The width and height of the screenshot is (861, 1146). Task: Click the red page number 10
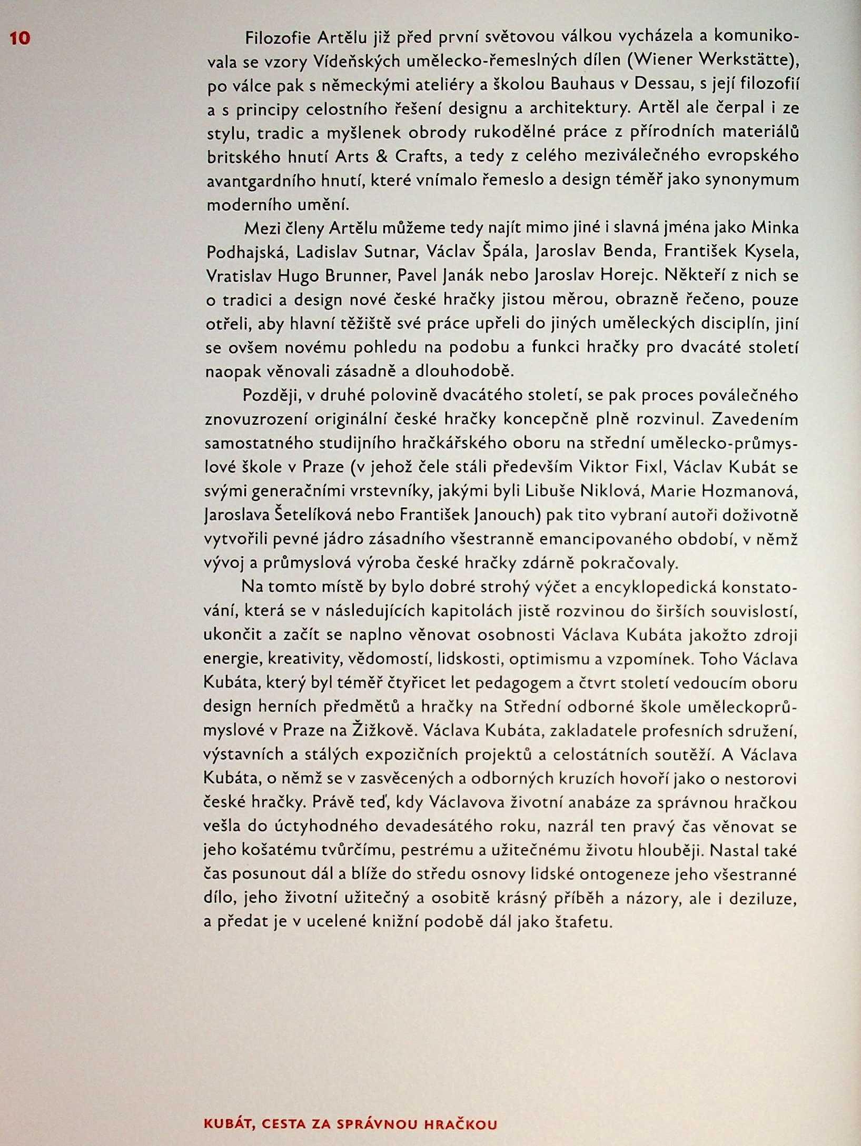pos(20,38)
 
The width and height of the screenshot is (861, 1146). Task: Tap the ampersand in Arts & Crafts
pos(390,156)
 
